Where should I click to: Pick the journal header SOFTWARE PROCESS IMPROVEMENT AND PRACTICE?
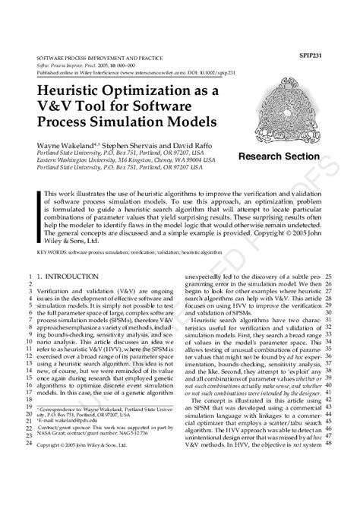pos(101,58)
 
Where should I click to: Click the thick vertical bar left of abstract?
pos(39,217)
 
